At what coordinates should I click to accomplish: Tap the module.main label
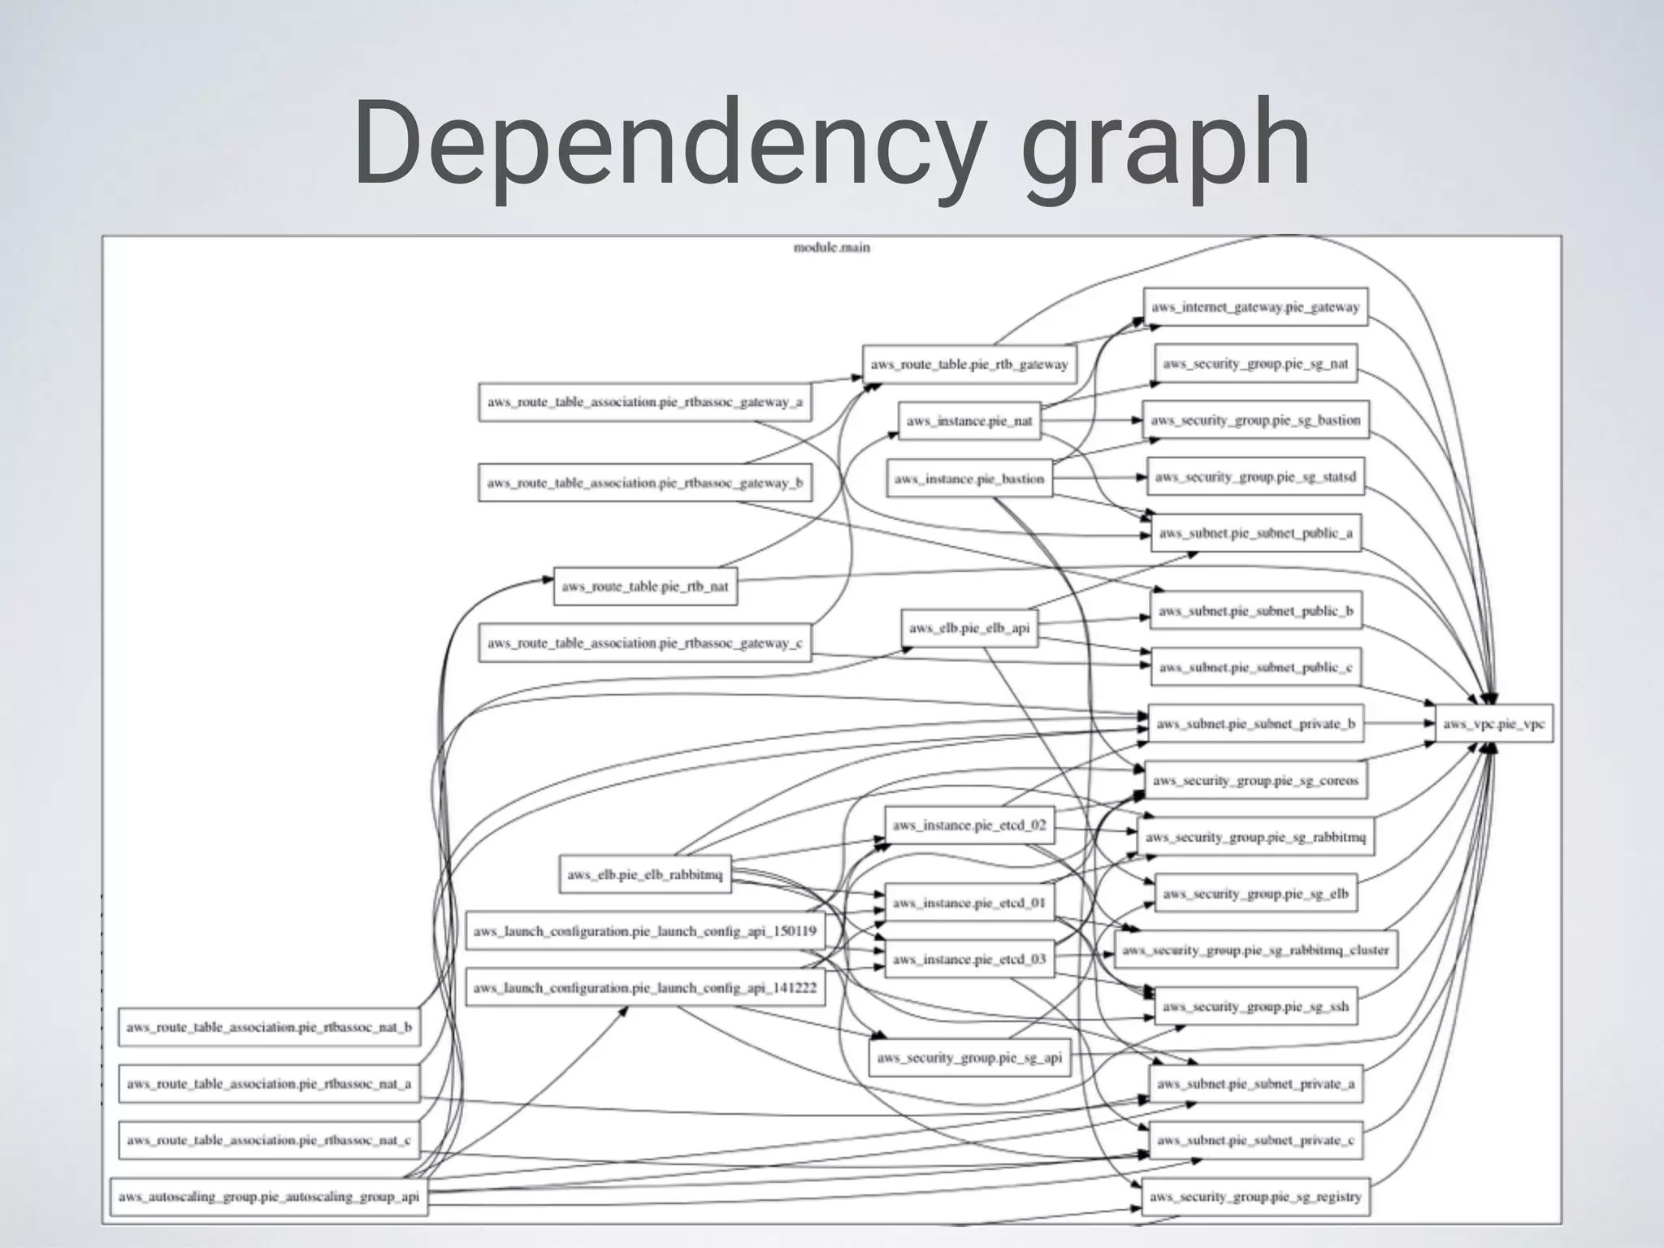pos(831,247)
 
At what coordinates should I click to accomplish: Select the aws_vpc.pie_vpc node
pos(1493,723)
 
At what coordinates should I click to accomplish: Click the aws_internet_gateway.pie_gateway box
pos(1254,307)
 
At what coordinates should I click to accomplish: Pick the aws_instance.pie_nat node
pos(969,421)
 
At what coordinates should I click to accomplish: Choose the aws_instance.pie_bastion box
pos(969,479)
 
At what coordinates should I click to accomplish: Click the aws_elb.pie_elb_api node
pos(969,628)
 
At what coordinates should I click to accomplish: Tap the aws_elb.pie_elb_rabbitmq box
pos(645,874)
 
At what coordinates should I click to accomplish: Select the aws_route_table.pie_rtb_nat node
pos(645,586)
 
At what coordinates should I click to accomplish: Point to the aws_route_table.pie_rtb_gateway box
pos(969,364)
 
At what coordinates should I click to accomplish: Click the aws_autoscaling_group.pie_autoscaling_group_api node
pos(269,1196)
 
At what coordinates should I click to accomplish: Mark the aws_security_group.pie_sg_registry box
pos(1255,1196)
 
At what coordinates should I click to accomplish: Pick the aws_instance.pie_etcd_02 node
pos(969,825)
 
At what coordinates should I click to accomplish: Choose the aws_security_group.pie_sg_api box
pos(969,1057)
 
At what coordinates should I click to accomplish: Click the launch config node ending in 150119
pos(645,931)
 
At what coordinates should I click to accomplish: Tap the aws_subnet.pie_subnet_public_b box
pos(1255,610)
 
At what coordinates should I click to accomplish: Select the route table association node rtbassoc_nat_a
pos(269,1083)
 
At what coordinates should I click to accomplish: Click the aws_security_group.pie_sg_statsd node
pos(1255,477)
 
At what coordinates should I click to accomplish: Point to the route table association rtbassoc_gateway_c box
pos(644,643)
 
